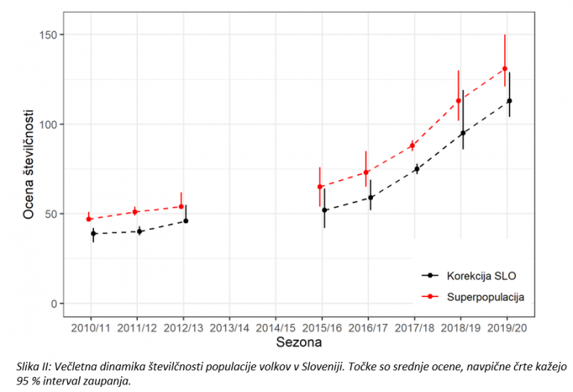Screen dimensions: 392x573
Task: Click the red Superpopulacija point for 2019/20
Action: (x=504, y=69)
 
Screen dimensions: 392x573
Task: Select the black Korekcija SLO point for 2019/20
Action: (x=510, y=101)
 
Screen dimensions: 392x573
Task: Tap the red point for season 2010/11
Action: (x=89, y=219)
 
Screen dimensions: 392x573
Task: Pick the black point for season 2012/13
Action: (x=186, y=220)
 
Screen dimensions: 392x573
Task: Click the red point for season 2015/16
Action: (x=319, y=187)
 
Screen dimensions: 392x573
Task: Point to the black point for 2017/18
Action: (x=416, y=169)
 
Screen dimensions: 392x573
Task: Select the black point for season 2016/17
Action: (x=370, y=198)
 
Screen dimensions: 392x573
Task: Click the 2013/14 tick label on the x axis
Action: (x=230, y=327)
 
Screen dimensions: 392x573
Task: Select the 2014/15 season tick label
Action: (x=276, y=327)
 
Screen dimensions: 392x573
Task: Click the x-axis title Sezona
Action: (x=298, y=343)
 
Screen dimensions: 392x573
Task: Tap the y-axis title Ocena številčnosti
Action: (x=28, y=169)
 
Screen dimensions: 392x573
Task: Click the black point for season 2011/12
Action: (x=140, y=231)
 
